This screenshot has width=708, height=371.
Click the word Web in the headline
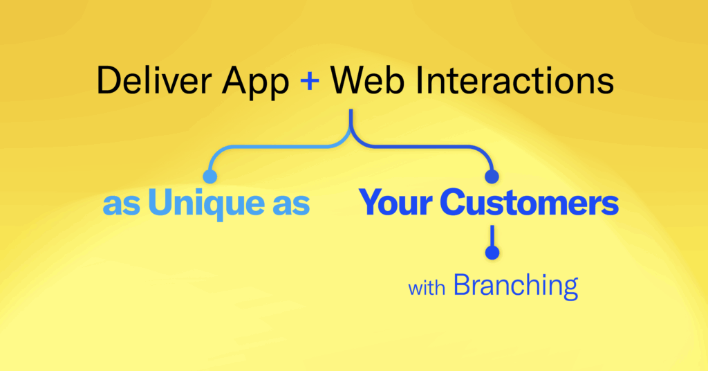366,81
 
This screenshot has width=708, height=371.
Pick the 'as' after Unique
291,205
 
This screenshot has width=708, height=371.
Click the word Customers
529,202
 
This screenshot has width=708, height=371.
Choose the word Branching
516,287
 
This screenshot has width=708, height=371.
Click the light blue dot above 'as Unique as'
210,177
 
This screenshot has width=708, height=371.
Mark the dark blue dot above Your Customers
492,177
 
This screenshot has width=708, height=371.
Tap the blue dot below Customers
492,253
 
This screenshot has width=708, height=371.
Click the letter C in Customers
454,202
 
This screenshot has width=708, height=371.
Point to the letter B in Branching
463,284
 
